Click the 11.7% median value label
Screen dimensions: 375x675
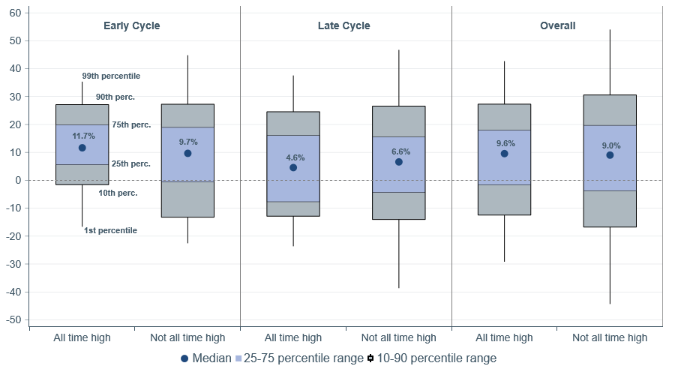pyautogui.click(x=83, y=136)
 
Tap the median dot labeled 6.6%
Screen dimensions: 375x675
pyautogui.click(x=399, y=162)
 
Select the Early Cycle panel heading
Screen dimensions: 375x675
pyautogui.click(x=131, y=25)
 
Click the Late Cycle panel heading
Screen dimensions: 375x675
pyautogui.click(x=343, y=25)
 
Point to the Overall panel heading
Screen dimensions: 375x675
pyautogui.click(x=558, y=25)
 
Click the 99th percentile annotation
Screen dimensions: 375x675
pyautogui.click(x=111, y=76)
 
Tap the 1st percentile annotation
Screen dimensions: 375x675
pyautogui.click(x=110, y=230)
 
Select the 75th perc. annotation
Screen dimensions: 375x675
pyautogui.click(x=131, y=124)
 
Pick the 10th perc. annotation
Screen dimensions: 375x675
pyautogui.click(x=118, y=193)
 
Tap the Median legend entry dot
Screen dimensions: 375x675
pyautogui.click(x=184, y=358)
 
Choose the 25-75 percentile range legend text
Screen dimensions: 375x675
pyautogui.click(x=304, y=358)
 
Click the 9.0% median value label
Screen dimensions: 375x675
pyautogui.click(x=610, y=146)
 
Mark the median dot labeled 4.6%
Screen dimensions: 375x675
pyautogui.click(x=293, y=168)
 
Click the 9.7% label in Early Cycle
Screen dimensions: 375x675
pyautogui.click(x=188, y=142)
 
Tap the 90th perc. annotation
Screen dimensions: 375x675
pyautogui.click(x=115, y=97)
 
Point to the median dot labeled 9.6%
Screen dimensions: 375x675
pyautogui.click(x=505, y=154)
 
